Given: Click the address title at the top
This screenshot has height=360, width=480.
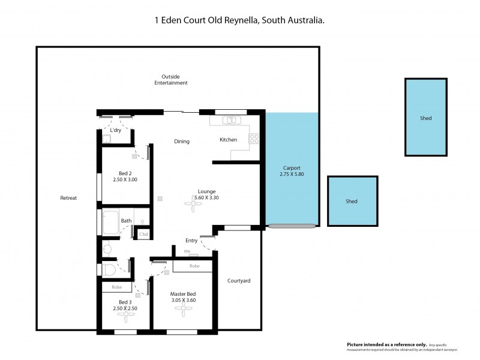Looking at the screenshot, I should pyautogui.click(x=240, y=20).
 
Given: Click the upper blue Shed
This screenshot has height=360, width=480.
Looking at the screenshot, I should pyautogui.click(x=425, y=118).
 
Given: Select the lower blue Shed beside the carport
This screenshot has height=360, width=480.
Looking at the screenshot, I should pyautogui.click(x=352, y=202).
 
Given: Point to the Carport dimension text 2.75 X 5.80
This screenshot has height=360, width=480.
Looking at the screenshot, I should pyautogui.click(x=292, y=175).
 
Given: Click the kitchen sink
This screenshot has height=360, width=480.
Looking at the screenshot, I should pyautogui.click(x=231, y=121).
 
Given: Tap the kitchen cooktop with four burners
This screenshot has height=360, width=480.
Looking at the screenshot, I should pyautogui.click(x=254, y=139).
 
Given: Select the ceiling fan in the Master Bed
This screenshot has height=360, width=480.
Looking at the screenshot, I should pyautogui.click(x=183, y=310).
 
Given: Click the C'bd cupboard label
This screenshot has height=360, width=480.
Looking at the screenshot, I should pyautogui.click(x=143, y=234).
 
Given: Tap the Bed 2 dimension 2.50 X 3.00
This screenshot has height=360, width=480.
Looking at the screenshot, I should pyautogui.click(x=125, y=179).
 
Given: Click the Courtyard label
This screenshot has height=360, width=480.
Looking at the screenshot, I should pyautogui.click(x=239, y=281).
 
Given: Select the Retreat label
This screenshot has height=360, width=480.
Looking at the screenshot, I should pyautogui.click(x=68, y=198).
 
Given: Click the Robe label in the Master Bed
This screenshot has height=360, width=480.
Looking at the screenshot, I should pyautogui.click(x=194, y=265).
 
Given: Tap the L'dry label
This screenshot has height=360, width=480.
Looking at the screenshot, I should pyautogui.click(x=116, y=130).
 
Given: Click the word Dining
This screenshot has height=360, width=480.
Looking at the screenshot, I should pyautogui.click(x=182, y=142).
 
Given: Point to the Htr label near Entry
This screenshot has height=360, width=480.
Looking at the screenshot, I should pyautogui.click(x=187, y=251).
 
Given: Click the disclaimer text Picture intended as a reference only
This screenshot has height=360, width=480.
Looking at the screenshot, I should pyautogui.click(x=386, y=344).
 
